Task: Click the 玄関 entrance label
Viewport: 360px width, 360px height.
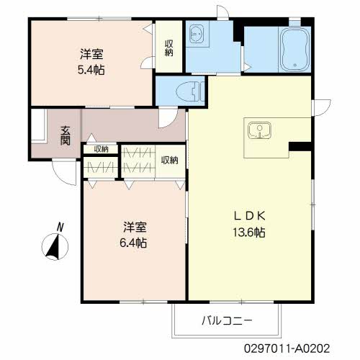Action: [x=65, y=135]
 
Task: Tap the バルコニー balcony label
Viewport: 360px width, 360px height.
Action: [x=227, y=320]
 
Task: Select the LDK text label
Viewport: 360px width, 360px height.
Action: [x=249, y=216]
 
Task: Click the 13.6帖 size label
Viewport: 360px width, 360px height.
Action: [x=249, y=232]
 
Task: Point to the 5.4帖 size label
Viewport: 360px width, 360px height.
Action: [x=91, y=70]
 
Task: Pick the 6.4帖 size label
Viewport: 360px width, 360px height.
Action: [x=133, y=243]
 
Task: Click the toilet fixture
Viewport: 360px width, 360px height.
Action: [x=190, y=91]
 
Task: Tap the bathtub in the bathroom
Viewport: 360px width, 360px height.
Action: [x=295, y=50]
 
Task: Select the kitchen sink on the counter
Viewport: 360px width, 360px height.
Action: [x=259, y=130]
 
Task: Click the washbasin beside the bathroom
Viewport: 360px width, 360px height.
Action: [x=197, y=35]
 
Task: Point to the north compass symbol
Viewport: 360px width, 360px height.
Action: [x=55, y=247]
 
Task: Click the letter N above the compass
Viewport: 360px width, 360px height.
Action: [x=60, y=227]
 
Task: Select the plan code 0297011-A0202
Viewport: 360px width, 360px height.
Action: [x=287, y=348]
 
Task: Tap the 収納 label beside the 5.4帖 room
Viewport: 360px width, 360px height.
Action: [x=169, y=48]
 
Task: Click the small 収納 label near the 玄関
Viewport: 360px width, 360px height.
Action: [x=101, y=149]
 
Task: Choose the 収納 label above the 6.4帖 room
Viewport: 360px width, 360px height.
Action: [x=169, y=160]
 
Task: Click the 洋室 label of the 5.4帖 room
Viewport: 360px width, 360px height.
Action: [x=91, y=54]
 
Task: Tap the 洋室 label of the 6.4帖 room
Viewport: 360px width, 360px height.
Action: [x=135, y=227]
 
